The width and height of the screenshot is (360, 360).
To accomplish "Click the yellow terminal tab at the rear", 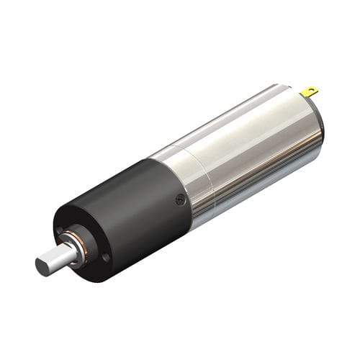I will pos(310,91).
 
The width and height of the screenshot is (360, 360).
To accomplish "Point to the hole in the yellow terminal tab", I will pos(312,91).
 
